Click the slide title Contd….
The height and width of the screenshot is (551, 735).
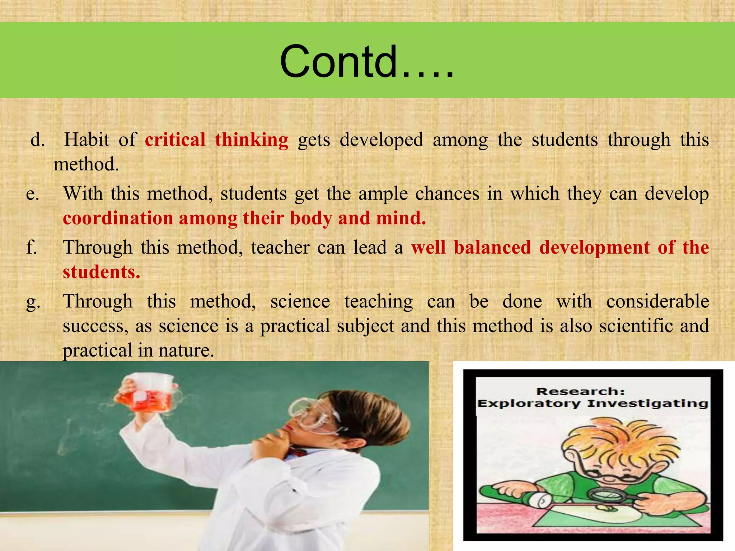coord(367,62)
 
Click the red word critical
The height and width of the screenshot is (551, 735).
coord(175,140)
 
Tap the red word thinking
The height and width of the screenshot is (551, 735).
coord(252,140)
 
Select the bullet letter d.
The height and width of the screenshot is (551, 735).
coord(37,140)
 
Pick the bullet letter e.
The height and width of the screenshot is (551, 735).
coord(33,194)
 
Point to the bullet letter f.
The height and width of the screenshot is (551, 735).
coord(32,248)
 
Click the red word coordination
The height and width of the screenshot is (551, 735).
coord(118,218)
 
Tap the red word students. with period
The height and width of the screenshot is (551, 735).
coord(101,272)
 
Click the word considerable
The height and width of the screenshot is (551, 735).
coord(657,301)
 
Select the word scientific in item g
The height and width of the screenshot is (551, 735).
coord(631,326)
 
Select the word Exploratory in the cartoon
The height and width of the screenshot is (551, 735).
coord(529,404)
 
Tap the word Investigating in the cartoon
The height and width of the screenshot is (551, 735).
coord(647,404)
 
